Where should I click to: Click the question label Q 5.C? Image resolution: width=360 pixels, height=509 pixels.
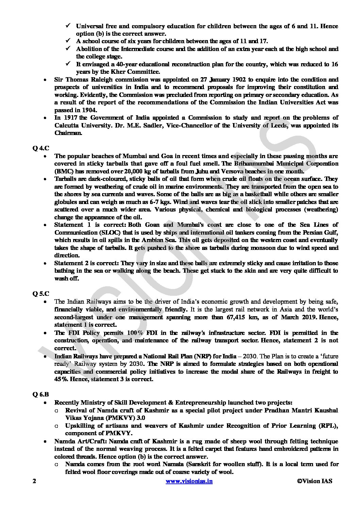tap(38, 293)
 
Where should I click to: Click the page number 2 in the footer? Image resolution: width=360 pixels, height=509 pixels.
tap(34, 481)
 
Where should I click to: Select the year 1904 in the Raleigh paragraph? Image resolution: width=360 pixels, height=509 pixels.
tap(86, 110)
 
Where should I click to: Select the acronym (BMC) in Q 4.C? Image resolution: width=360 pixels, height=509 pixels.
tap(63, 171)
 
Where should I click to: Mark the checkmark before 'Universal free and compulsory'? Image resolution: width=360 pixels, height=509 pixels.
tap(68, 26)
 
